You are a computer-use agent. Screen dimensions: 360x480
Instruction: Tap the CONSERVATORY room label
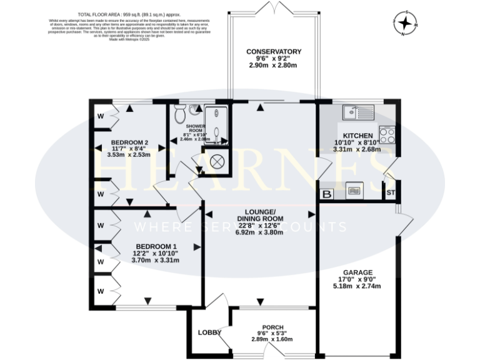pos(274,52)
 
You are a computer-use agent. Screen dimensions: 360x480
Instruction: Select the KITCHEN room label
pos(357,136)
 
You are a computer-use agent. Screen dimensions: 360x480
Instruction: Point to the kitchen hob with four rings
pos(386,135)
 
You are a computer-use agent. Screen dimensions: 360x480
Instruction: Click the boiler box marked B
pos(326,194)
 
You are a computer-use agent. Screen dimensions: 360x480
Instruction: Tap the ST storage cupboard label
pos(391,192)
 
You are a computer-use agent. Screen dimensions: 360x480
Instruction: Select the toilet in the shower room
pos(180,114)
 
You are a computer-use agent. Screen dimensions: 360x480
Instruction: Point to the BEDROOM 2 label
pos(129,142)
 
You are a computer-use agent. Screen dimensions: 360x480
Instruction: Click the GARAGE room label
pos(357,272)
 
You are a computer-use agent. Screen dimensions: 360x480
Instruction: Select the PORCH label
pos(272,327)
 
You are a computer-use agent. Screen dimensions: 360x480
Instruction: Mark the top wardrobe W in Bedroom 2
pos(100,116)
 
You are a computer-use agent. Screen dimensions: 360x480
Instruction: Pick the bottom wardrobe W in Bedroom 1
pos(100,291)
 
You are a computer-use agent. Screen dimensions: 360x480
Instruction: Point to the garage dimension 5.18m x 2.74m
pos(357,286)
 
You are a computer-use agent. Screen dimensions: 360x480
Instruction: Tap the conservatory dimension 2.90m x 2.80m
pos(274,66)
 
